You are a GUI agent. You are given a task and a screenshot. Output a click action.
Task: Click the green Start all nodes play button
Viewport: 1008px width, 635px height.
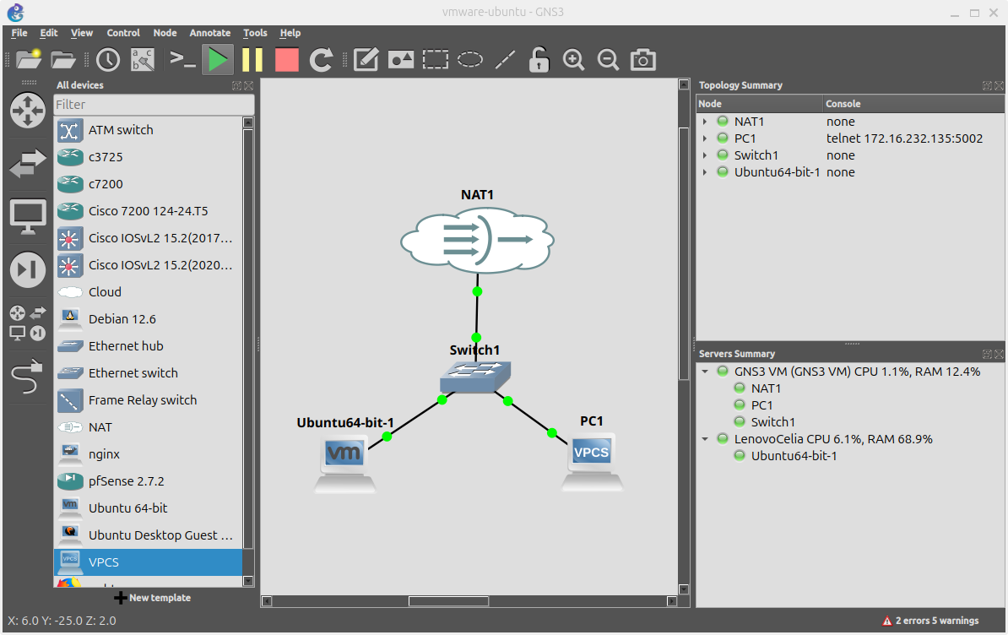(218, 60)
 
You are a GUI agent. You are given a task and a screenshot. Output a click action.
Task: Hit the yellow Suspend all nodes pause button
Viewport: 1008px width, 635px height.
(252, 60)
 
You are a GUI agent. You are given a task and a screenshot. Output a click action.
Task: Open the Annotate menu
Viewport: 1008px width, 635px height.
(209, 33)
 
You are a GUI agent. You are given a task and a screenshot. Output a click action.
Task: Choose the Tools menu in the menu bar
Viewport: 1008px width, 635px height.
(255, 33)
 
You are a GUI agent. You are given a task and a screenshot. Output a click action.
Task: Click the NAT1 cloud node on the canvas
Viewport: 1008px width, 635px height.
(477, 240)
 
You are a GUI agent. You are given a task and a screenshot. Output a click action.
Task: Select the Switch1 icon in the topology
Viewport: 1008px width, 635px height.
(475, 377)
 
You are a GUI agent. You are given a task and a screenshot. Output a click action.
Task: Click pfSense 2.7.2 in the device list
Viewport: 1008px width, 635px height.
(126, 481)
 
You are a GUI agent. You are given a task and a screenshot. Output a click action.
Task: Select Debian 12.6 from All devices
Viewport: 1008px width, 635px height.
(122, 319)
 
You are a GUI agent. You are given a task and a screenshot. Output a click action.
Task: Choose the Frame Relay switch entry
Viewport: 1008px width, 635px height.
(142, 400)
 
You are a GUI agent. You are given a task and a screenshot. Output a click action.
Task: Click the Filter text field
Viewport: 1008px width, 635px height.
(154, 105)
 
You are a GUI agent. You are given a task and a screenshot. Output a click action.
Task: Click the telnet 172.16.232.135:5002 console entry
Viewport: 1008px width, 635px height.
(904, 138)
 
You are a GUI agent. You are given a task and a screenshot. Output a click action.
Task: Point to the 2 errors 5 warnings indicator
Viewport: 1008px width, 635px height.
(930, 621)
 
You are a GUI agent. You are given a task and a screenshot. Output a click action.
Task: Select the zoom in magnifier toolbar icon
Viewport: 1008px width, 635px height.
(574, 60)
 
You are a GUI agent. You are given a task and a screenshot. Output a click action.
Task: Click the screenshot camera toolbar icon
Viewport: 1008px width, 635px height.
(643, 60)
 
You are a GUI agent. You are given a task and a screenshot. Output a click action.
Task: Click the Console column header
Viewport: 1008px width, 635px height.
(843, 104)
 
